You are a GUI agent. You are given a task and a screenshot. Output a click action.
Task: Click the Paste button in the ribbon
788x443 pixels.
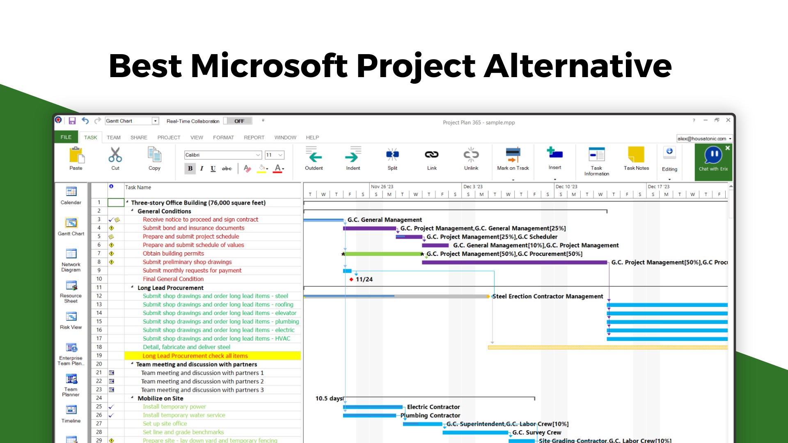tap(76, 158)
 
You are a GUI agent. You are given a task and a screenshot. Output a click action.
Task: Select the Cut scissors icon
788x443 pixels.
tap(115, 155)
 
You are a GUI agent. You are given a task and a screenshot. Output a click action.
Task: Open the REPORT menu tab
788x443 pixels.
tap(254, 137)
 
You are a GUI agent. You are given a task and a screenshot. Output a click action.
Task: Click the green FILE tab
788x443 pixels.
tap(66, 137)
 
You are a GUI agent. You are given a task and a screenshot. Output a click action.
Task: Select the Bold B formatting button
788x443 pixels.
tap(190, 168)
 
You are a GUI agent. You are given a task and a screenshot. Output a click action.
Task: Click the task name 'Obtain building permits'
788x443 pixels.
tap(173, 253)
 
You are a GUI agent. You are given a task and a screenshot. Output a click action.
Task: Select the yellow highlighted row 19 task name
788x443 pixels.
tap(195, 356)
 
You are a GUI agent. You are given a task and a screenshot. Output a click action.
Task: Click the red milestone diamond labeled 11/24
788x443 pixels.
tap(351, 279)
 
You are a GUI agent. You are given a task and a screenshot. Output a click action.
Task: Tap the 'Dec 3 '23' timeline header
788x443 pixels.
tap(473, 187)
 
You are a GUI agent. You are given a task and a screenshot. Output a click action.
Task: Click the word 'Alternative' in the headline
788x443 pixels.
tap(578, 66)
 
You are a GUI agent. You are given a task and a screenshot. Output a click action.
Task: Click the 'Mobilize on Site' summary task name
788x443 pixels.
tap(160, 398)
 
